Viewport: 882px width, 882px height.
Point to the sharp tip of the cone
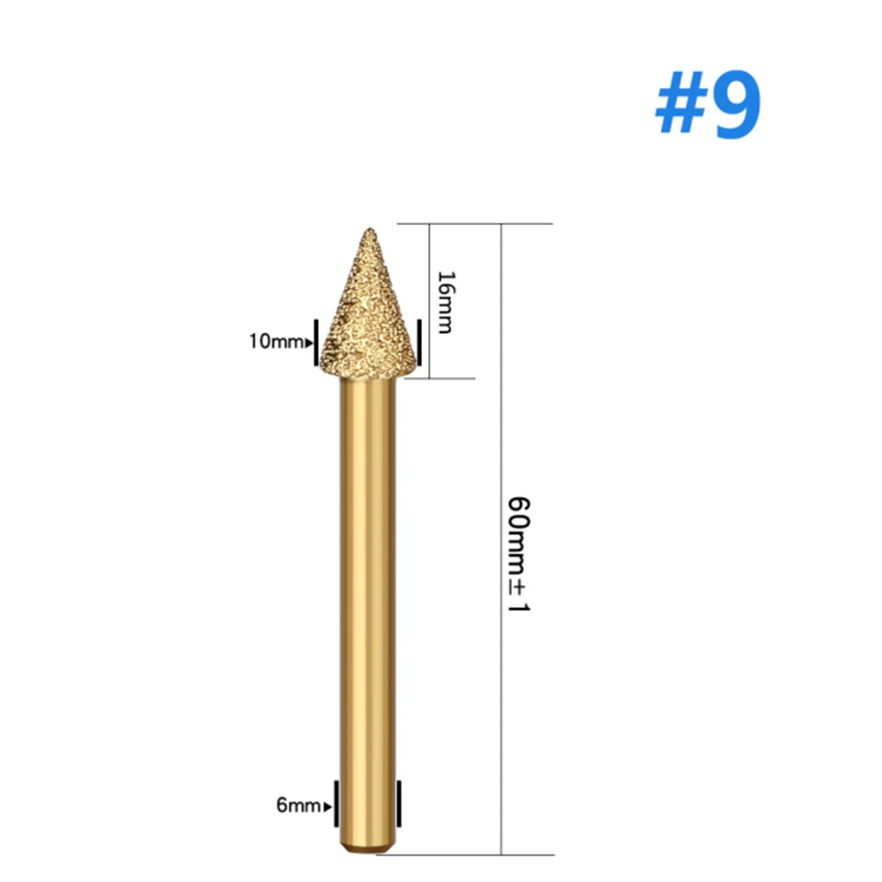[x=367, y=231]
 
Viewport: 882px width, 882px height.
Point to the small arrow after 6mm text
[x=329, y=804]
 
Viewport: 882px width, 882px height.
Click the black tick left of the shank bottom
[x=337, y=804]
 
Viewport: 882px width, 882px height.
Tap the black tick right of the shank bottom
[x=398, y=804]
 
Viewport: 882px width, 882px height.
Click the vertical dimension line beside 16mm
[x=429, y=264]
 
